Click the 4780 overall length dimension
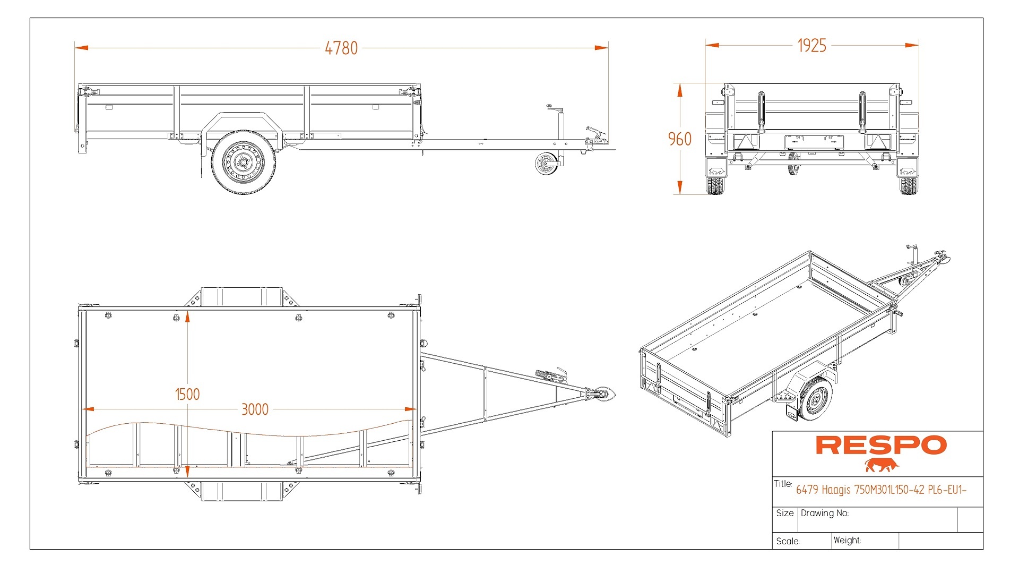[x=341, y=48]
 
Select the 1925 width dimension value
[x=811, y=46]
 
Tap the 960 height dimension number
[x=679, y=139]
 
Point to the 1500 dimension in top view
[x=187, y=394]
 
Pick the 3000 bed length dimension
[x=255, y=409]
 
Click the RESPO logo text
[x=880, y=446]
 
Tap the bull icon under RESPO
[x=882, y=466]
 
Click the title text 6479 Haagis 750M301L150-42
[x=880, y=490]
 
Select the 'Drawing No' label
[x=824, y=513]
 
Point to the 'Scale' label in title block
[x=788, y=541]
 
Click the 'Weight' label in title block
[x=847, y=540]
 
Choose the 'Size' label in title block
[x=784, y=513]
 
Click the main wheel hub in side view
[x=244, y=162]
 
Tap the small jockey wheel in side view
[x=546, y=164]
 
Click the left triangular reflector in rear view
[x=746, y=142]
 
